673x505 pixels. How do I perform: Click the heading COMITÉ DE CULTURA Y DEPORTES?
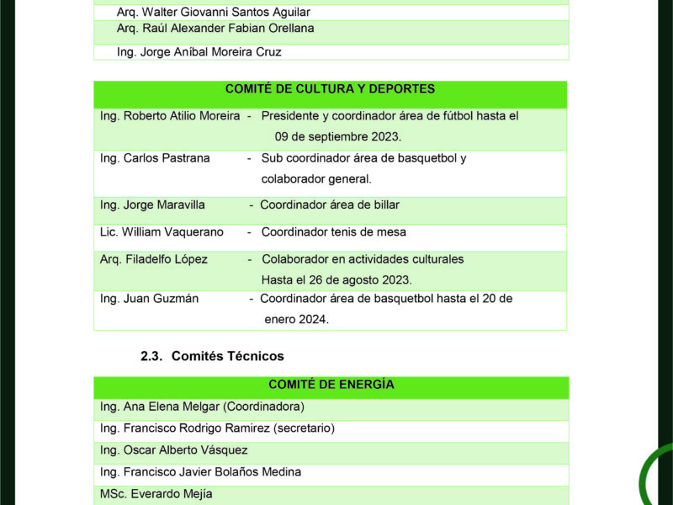(330, 88)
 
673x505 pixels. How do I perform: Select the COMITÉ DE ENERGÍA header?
(331, 385)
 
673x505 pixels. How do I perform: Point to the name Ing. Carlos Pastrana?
(155, 158)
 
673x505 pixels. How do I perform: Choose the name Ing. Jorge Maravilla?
(152, 205)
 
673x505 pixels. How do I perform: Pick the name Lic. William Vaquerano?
(162, 231)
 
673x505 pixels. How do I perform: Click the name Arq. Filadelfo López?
(153, 259)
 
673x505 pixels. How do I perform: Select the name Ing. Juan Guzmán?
(149, 298)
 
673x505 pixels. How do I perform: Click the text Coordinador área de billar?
(330, 205)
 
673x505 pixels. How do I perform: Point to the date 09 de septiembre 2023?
(337, 136)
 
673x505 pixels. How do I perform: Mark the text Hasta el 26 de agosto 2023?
(336, 279)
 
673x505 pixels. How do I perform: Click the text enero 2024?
(296, 319)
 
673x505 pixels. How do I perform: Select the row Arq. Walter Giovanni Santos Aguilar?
(214, 12)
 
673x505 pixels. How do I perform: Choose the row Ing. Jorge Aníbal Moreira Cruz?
(199, 51)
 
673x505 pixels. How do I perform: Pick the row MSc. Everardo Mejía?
(156, 494)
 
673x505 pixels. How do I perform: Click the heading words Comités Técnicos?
(227, 356)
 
